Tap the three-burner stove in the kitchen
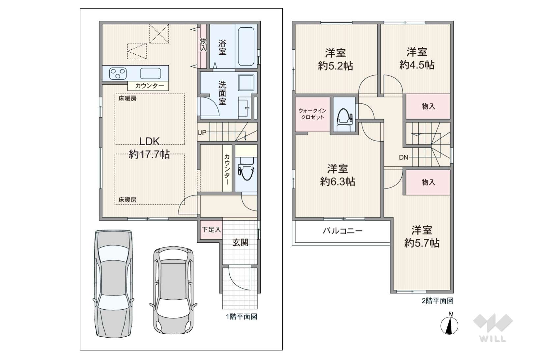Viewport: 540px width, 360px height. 118,73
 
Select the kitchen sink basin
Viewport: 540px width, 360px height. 151,73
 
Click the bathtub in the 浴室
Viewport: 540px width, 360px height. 246,46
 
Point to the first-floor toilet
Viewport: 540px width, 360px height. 246,169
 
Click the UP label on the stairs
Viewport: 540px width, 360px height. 202,132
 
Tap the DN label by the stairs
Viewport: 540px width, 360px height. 404,157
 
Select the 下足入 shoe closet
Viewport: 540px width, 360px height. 211,230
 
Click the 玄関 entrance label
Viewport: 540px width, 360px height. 241,242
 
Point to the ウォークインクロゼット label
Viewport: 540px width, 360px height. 312,114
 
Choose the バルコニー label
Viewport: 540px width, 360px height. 343,231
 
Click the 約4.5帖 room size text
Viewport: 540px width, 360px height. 417,65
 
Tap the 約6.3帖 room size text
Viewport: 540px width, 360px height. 337,181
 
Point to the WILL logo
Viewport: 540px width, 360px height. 493,328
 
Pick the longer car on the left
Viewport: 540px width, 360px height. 114,284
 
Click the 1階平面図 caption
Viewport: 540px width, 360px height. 242,317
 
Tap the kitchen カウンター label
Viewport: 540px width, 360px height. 150,86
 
